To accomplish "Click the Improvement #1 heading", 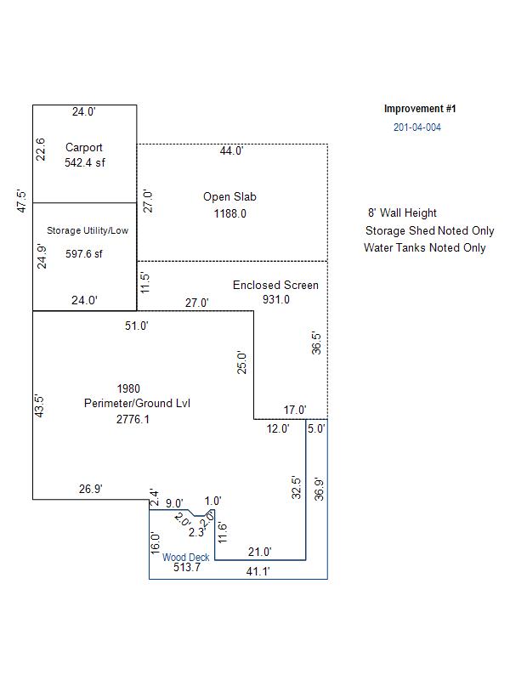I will pos(420,109).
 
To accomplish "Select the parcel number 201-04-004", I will pos(417,127).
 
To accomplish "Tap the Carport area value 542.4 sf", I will pos(85,162).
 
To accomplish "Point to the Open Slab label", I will pos(229,196).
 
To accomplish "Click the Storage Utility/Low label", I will pos(88,230).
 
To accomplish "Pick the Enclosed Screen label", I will pos(275,285).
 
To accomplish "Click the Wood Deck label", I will pos(186,558).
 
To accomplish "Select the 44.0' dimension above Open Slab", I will pos(231,151).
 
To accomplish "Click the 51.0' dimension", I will pos(137,326).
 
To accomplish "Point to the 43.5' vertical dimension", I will pos(38,405).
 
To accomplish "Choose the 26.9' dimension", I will pos(91,489).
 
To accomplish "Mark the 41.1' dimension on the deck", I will pos(258,572).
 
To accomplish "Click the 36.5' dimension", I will pos(317,343).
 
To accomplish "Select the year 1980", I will pos(130,389).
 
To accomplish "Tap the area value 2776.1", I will pos(133,419).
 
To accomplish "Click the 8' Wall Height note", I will pos(402,213).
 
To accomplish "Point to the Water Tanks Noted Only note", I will pos(425,247).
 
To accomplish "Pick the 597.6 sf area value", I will pos(84,253).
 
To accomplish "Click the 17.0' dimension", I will pos(295,411).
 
